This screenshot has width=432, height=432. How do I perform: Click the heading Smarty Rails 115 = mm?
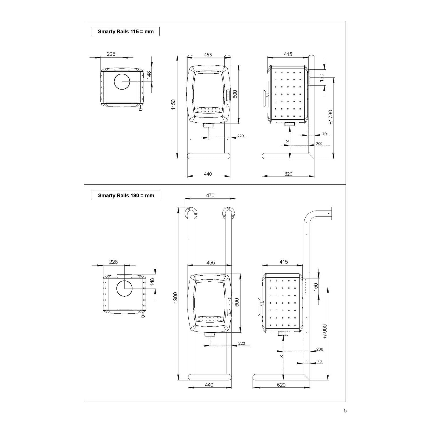(x=126, y=31)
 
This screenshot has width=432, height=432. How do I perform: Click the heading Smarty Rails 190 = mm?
(x=126, y=195)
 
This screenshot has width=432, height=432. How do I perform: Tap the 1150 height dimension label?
(x=173, y=104)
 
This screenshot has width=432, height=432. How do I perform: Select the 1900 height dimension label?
(x=175, y=298)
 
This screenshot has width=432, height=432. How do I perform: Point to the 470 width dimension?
(x=210, y=195)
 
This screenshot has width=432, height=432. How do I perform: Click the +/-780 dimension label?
(x=330, y=117)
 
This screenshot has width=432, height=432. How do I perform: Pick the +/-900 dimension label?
(x=325, y=331)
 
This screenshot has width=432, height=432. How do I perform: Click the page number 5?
(x=345, y=410)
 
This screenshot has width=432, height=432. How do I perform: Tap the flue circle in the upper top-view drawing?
(x=122, y=81)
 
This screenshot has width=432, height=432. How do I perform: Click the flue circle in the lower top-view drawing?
(x=124, y=289)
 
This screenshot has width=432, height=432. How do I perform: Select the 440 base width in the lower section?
(x=209, y=385)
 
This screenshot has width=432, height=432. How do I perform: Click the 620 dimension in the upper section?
(x=288, y=174)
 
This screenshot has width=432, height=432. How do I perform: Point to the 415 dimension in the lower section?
(x=284, y=262)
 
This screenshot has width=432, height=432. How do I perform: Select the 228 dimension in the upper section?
(x=111, y=54)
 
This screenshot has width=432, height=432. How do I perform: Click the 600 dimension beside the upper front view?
(x=235, y=94)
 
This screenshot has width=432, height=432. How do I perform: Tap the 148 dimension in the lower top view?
(x=152, y=281)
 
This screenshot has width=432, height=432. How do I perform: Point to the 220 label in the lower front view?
(x=242, y=343)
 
